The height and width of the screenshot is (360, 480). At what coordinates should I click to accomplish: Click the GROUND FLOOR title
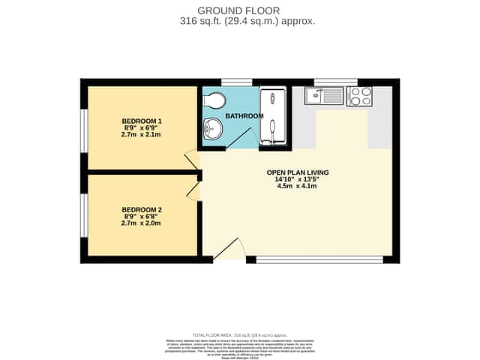click(238, 10)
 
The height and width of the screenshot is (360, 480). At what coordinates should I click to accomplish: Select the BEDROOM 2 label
click(142, 209)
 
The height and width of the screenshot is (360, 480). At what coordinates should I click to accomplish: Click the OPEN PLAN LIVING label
click(298, 172)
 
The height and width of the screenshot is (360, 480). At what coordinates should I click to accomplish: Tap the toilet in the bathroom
click(214, 100)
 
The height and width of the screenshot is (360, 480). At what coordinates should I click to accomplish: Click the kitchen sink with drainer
click(324, 95)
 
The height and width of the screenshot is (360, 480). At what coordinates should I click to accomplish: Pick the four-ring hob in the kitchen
click(359, 96)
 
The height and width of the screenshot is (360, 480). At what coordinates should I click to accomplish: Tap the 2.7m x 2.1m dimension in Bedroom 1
click(142, 134)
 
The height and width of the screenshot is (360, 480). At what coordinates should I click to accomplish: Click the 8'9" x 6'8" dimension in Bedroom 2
click(142, 216)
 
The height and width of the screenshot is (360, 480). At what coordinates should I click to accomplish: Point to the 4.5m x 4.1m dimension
click(298, 186)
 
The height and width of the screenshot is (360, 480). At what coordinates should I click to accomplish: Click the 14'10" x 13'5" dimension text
click(298, 179)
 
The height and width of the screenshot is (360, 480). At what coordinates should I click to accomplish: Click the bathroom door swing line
click(239, 136)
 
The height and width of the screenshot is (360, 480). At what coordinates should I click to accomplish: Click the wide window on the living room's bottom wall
click(319, 259)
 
